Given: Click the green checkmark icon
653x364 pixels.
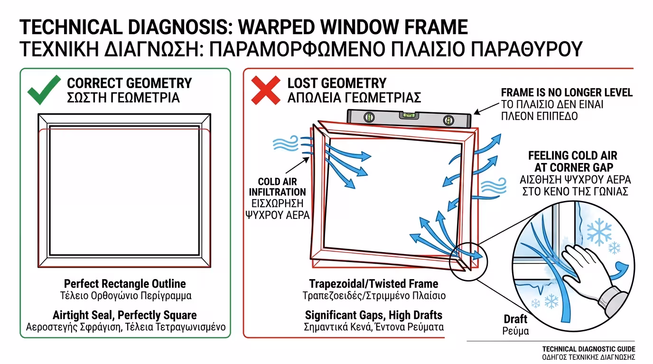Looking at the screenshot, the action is [x=44, y=90].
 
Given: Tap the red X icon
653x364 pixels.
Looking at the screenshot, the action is [x=266, y=90].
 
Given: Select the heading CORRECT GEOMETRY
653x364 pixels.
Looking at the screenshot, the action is [x=130, y=83].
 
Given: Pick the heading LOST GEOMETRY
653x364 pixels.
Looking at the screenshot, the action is [x=337, y=83].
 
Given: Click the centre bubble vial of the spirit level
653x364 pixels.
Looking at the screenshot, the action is [x=410, y=115].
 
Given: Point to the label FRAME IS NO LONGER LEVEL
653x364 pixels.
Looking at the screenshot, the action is [x=567, y=92].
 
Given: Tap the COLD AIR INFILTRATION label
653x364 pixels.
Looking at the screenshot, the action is [x=277, y=187].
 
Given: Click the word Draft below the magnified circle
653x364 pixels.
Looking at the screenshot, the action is [x=515, y=319].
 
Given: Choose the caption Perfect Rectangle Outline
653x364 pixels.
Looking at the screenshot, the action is [x=125, y=283].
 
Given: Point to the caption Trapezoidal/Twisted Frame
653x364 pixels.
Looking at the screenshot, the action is [x=373, y=283].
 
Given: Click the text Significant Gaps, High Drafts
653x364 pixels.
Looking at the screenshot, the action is [x=373, y=315].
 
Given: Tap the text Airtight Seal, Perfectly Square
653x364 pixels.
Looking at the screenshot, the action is [x=125, y=315].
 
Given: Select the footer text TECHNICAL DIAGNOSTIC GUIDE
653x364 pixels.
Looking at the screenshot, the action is [x=588, y=349].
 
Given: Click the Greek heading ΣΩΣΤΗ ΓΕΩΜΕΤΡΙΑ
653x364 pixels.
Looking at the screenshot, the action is [x=123, y=98].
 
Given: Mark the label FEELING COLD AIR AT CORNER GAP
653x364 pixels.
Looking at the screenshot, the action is [x=573, y=162].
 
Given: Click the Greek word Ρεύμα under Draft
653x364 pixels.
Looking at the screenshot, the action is [x=515, y=331].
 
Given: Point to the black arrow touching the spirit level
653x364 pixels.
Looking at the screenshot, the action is [x=486, y=109].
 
